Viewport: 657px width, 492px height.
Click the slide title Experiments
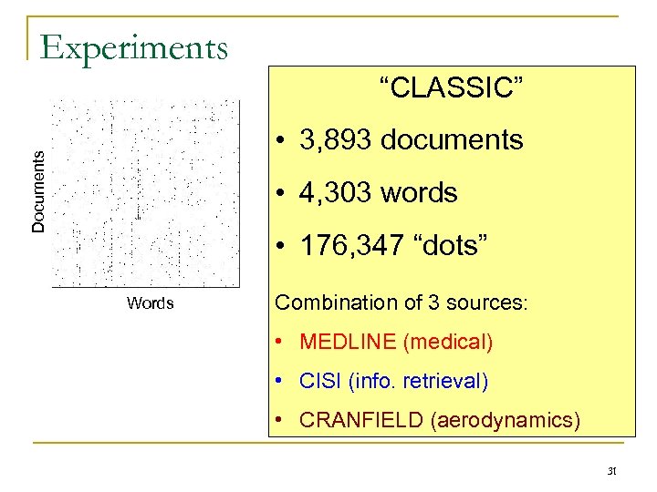click(134, 47)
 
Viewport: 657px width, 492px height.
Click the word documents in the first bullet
click(453, 140)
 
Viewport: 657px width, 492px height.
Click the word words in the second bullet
click(420, 193)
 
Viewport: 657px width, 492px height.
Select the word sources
click(493, 302)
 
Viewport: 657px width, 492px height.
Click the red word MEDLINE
click(348, 343)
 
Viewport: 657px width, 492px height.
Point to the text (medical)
click(448, 343)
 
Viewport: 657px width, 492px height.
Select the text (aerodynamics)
click(506, 420)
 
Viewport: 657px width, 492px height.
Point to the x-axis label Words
click(151, 303)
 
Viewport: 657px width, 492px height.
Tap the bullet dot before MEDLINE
click(283, 343)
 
